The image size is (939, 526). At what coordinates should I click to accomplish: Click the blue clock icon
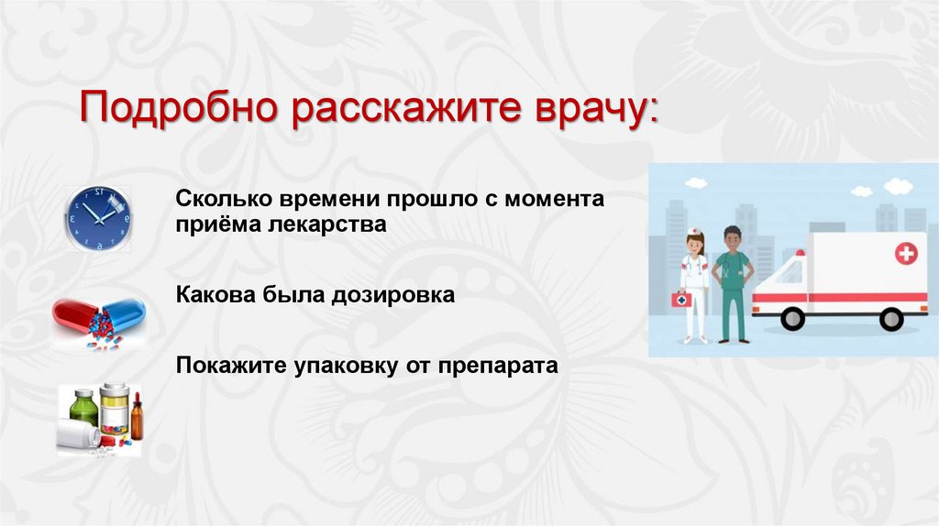[x=96, y=217]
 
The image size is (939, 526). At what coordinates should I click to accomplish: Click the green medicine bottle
[x=83, y=408]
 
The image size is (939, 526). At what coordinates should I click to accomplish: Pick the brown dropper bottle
[x=137, y=418]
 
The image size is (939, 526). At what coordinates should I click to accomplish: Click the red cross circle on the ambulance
[x=907, y=253]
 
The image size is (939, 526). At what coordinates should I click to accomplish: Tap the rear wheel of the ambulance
[x=890, y=319]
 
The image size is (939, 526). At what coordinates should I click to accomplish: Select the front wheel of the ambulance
[x=792, y=319]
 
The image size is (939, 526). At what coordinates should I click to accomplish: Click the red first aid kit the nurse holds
[x=680, y=299]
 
